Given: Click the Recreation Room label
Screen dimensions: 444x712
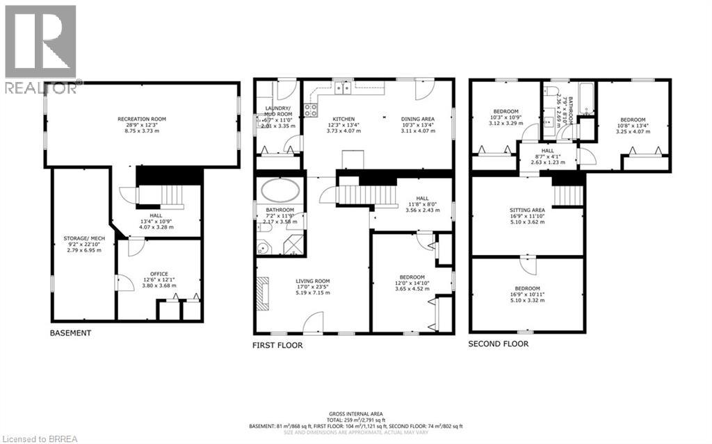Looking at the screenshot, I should pos(141,120).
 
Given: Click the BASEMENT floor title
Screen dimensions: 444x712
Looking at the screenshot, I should pos(70,333).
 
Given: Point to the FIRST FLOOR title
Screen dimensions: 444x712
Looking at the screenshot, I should pos(277,345).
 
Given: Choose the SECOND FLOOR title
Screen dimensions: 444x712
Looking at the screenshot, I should pos(498,343).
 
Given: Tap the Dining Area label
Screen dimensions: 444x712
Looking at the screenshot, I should pos(417,119).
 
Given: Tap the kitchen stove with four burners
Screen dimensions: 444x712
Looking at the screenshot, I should pos(311,110).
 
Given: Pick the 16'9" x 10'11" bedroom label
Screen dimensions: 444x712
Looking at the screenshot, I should pos(527,288).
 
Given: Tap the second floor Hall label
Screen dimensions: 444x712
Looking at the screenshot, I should pos(548,149).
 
